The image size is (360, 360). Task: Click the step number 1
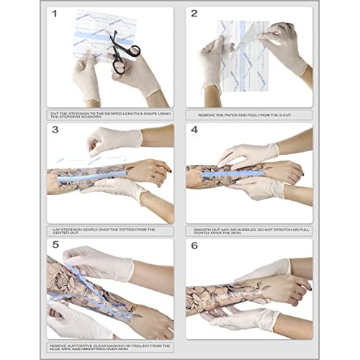pyautogui.click(x=54, y=13)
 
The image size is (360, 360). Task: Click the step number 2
pyautogui.click(x=193, y=13)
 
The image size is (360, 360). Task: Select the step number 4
pyautogui.click(x=193, y=130)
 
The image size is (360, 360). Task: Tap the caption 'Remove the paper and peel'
pyautogui.click(x=249, y=114)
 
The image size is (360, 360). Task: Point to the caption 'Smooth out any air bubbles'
pyautogui.click(x=249, y=231)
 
